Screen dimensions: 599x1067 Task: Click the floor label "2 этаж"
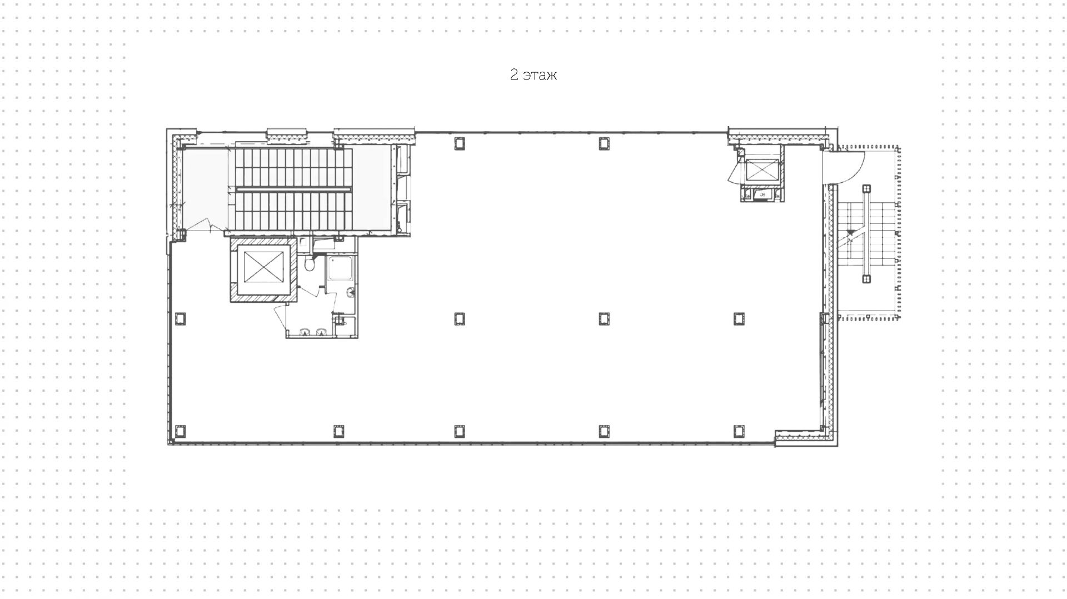click(x=533, y=75)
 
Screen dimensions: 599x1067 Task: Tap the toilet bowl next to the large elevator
click(x=310, y=265)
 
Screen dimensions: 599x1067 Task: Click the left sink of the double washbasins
click(x=305, y=332)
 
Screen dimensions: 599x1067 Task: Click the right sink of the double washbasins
click(x=321, y=332)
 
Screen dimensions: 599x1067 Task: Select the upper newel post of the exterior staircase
click(x=866, y=189)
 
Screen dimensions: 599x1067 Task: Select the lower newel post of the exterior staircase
click(x=866, y=278)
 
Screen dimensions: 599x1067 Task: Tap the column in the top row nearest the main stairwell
click(x=459, y=143)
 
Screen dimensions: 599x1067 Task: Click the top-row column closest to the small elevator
click(x=604, y=143)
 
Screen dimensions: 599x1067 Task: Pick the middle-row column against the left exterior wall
click(x=180, y=318)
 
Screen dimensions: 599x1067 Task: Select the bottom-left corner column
click(x=180, y=431)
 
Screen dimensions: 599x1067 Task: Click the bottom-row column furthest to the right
click(x=739, y=431)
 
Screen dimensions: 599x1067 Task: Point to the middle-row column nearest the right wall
click(x=739, y=318)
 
